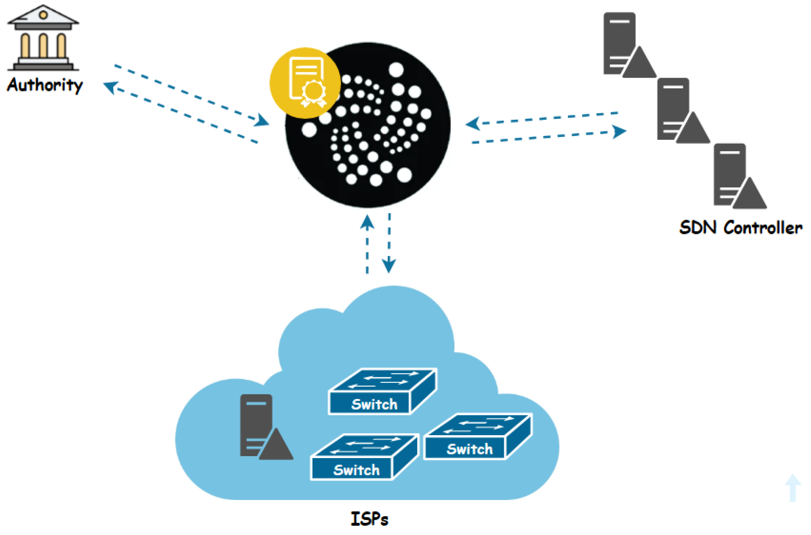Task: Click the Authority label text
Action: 45,85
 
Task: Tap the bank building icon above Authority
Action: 43,38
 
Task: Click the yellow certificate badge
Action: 305,83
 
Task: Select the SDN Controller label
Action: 740,227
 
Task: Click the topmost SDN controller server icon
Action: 627,46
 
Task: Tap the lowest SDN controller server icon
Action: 737,176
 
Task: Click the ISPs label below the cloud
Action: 369,519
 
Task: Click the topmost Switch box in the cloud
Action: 382,391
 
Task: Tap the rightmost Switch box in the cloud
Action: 478,437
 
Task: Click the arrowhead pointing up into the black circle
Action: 367,222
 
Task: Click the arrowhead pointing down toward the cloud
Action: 389,265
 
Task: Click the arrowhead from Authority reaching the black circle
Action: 262,120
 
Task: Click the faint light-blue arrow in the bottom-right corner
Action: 793,487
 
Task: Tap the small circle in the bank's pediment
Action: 43,15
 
